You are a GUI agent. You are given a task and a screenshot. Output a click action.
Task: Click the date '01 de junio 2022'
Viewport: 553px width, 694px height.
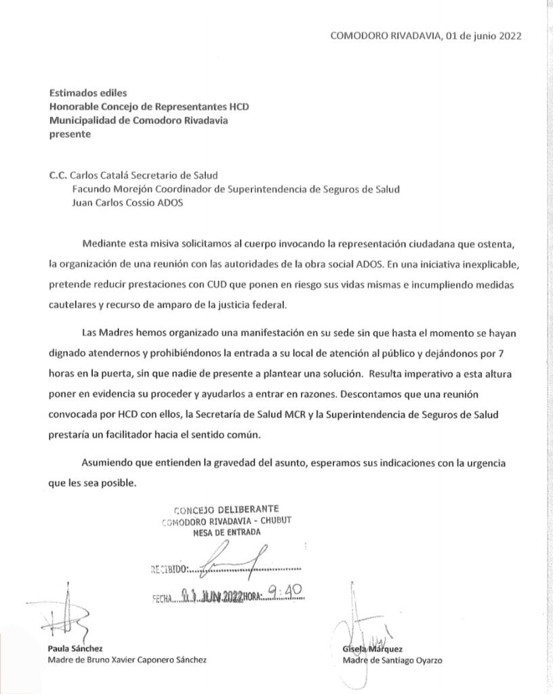pos(483,37)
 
